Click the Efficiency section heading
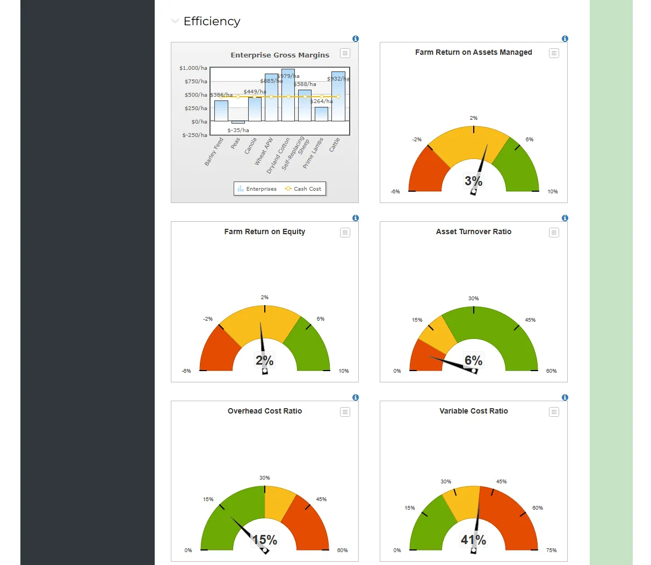coord(212,21)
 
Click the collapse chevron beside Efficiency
coord(175,21)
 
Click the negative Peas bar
coord(238,122)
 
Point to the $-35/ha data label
coord(238,131)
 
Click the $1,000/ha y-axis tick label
coord(193,68)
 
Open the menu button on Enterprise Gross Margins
coord(345,53)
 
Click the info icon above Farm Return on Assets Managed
coord(565,39)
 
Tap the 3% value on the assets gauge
coord(473,182)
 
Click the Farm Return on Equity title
coord(264,231)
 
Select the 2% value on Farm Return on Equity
coord(264,361)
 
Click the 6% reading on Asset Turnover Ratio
coord(473,361)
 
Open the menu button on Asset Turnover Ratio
coord(554,233)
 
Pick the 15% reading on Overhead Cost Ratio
coord(264,540)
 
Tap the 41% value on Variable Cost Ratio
coord(473,540)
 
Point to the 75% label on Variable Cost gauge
coord(551,550)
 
